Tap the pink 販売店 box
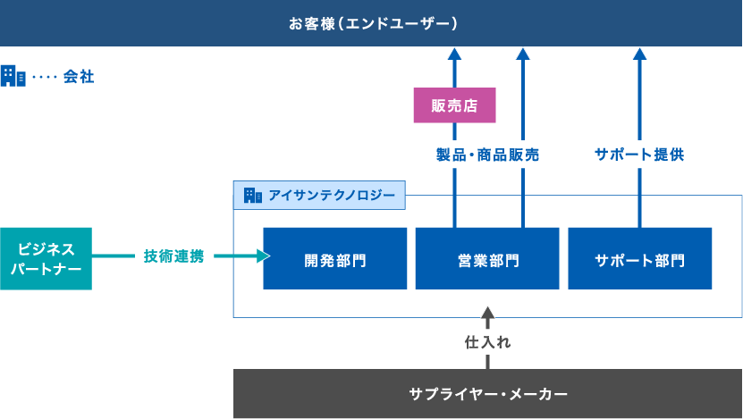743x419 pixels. [454, 105]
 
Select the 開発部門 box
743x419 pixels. [335, 260]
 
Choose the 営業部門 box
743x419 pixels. [487, 260]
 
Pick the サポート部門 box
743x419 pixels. [639, 260]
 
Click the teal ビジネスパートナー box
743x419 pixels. [46, 258]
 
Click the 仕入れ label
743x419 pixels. [487, 341]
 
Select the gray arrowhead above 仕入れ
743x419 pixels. [487, 314]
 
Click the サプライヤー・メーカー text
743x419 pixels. [487, 393]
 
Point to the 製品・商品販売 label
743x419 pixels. [487, 155]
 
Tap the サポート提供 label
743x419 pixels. [639, 155]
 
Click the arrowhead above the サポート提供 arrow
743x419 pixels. [639, 54]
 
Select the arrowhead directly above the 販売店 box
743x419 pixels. [454, 54]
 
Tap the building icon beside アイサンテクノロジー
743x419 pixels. [252, 195]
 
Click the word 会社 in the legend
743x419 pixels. [79, 77]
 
